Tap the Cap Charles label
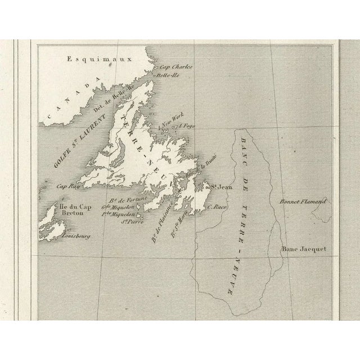click(177, 67)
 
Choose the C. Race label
click(217, 208)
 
